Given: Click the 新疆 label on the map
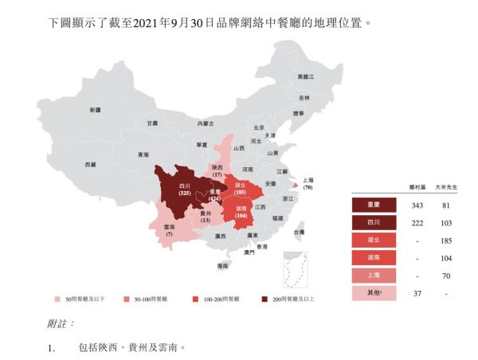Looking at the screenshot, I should point(96,110).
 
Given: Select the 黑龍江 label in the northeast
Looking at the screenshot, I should point(306,76).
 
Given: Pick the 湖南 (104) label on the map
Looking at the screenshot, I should point(240,212).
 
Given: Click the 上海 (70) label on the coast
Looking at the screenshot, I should point(307,184).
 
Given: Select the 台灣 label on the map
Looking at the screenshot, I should point(298,233).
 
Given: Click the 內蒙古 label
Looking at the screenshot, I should point(207,123).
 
